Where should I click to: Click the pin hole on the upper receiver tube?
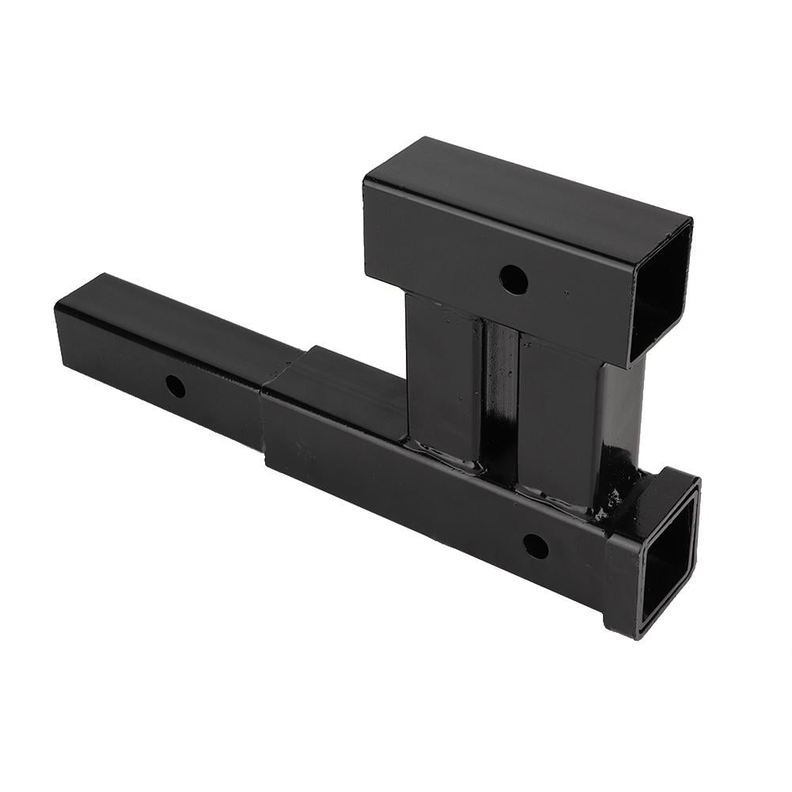[x=513, y=279]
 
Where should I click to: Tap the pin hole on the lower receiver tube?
[x=536, y=546]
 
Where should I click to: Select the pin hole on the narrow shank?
[x=175, y=386]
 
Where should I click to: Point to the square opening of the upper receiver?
[x=661, y=290]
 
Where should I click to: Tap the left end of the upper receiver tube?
[x=366, y=229]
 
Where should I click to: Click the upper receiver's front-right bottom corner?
[x=628, y=364]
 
